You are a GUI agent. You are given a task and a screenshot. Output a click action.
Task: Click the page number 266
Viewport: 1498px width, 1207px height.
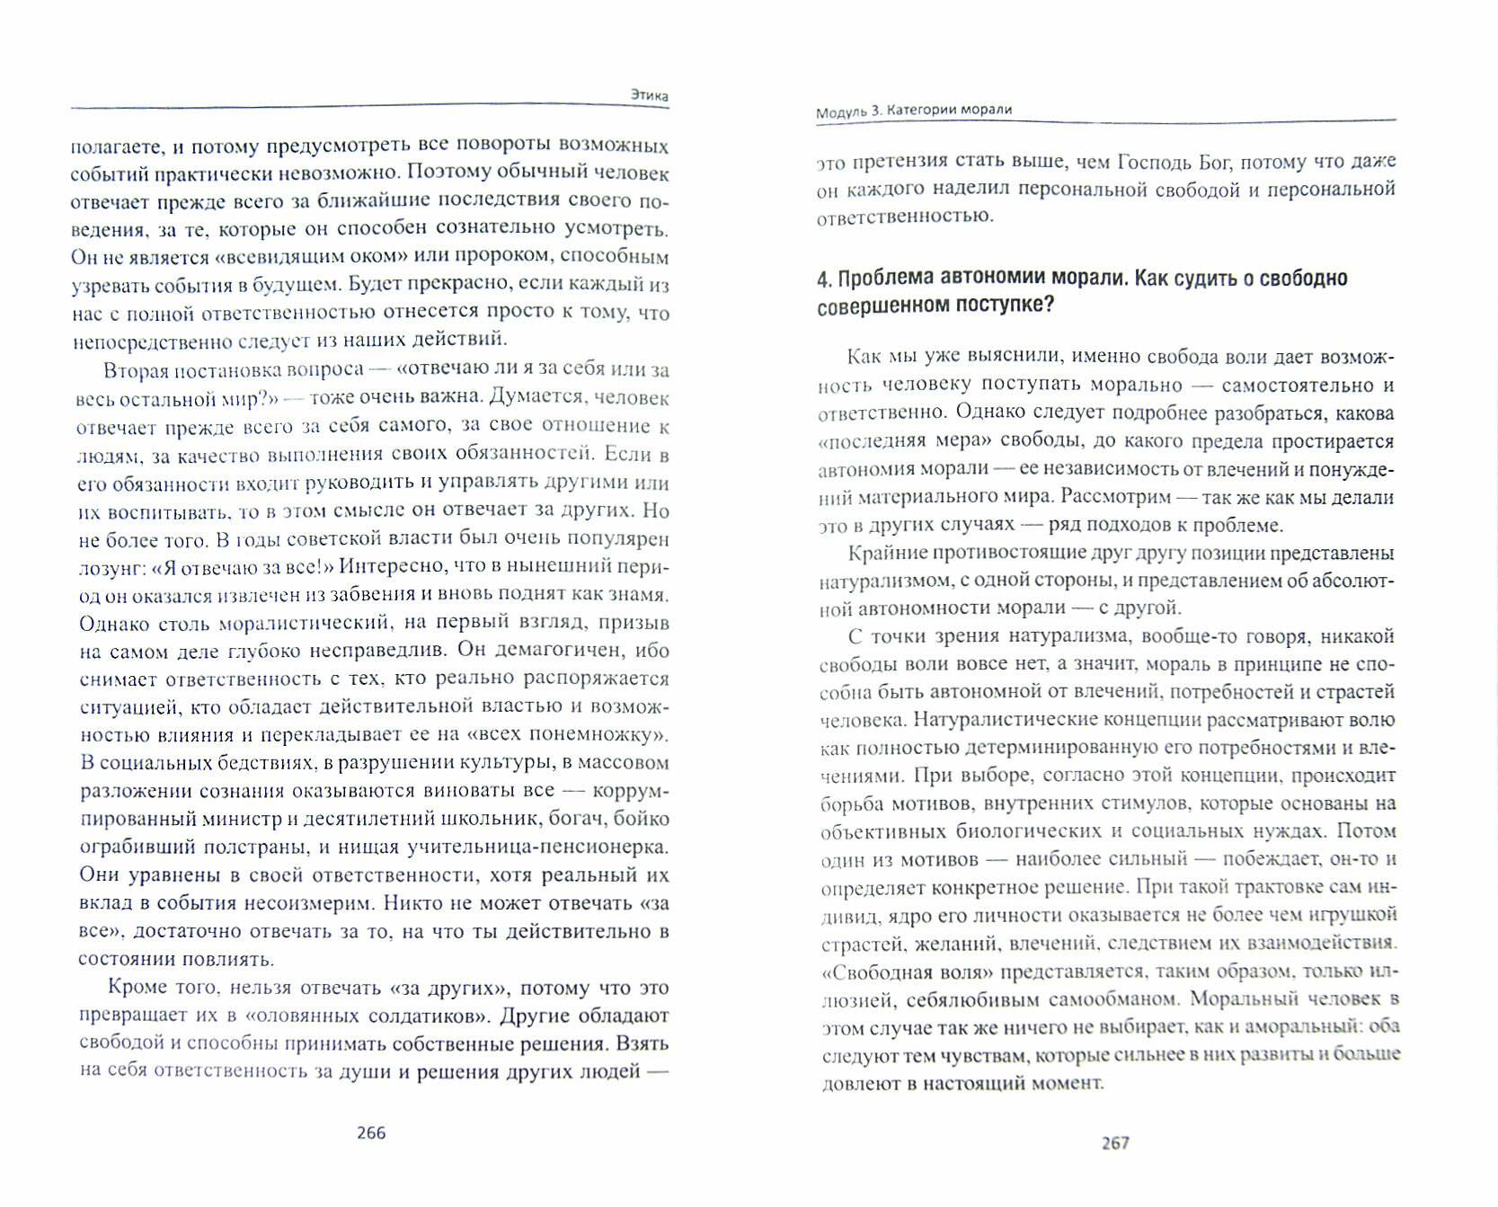click(x=371, y=1132)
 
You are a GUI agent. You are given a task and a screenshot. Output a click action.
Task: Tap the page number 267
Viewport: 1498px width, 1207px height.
click(x=1114, y=1143)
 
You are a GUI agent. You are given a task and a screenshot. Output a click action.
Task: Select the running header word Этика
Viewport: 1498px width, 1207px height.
click(x=649, y=94)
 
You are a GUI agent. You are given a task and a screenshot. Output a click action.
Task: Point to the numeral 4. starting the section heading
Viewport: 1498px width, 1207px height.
click(x=824, y=280)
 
